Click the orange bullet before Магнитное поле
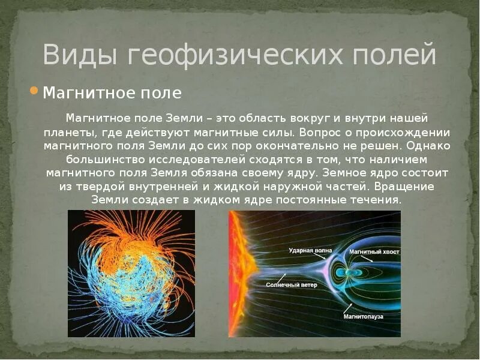[34, 91]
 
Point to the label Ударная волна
[310, 250]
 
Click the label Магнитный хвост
[374, 251]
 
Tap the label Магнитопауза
[363, 316]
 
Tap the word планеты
[68, 132]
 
